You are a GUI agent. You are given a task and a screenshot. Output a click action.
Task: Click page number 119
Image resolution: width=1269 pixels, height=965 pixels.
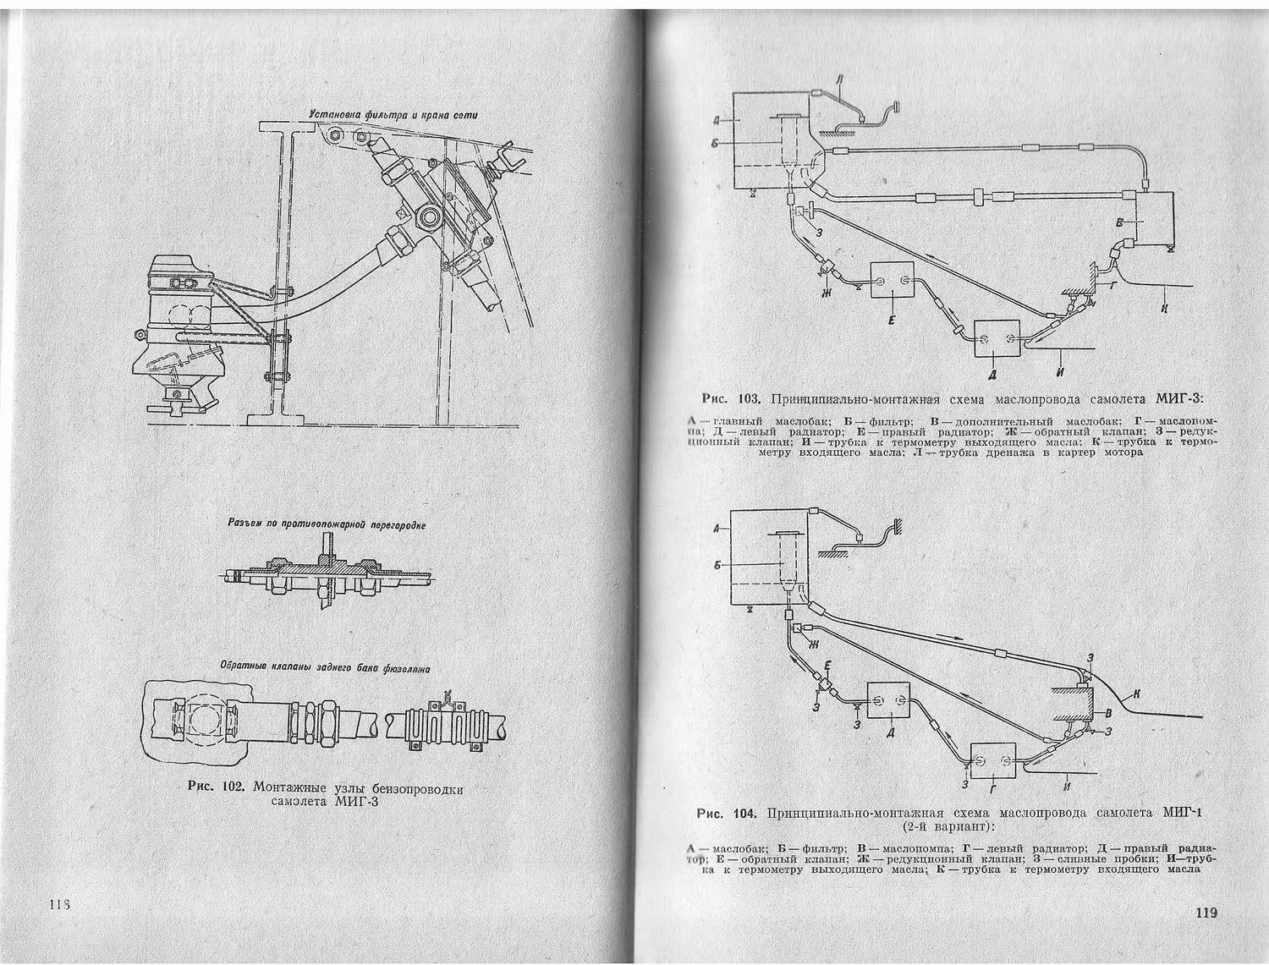(x=1206, y=913)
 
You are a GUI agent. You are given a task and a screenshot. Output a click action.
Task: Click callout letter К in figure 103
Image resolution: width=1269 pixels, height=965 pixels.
(x=1165, y=308)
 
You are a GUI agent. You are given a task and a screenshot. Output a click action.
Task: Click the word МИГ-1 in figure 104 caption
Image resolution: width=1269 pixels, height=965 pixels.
(x=1183, y=813)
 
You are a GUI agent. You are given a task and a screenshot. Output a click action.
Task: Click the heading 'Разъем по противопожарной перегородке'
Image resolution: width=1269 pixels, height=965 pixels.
(x=327, y=524)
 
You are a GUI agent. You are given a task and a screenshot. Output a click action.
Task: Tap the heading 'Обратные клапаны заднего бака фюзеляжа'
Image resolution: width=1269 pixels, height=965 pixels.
(x=325, y=667)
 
